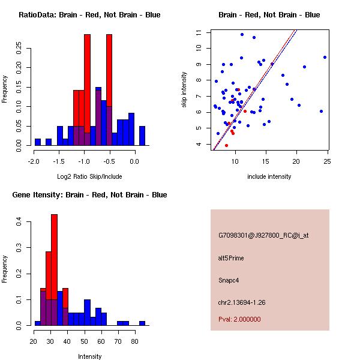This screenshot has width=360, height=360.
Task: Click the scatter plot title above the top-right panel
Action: pos(269,15)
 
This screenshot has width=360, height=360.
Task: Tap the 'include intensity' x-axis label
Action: pos(269,176)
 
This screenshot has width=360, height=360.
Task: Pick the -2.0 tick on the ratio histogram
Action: pos(34,161)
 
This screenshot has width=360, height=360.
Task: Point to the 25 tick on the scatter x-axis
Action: pos(327,161)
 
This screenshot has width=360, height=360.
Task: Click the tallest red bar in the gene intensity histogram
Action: pos(54,270)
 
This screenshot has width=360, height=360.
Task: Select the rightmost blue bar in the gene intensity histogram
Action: pos(142,323)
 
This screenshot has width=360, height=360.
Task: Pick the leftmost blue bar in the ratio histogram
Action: pos(38,142)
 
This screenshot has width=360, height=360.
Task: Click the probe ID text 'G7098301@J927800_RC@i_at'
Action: pos(263,236)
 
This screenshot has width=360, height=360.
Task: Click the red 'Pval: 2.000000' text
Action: pos(239,319)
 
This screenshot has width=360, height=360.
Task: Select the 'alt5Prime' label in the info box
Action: pos(231,258)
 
